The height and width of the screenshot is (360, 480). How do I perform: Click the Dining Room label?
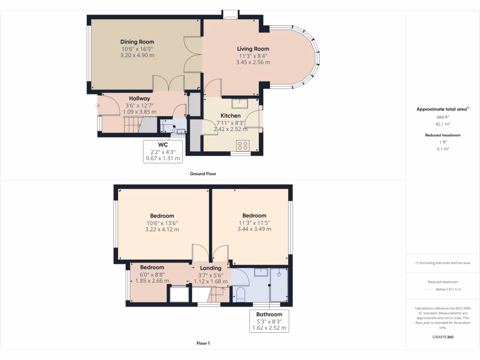(x=137, y=42)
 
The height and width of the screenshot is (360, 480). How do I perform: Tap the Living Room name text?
(x=253, y=49)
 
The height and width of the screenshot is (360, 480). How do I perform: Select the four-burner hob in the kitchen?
(x=243, y=145)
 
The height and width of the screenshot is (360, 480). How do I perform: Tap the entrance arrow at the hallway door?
(x=97, y=105)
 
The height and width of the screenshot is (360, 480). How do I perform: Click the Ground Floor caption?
(x=202, y=173)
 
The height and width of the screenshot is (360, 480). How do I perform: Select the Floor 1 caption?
(x=202, y=343)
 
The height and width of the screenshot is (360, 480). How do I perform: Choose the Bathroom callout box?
(x=269, y=321)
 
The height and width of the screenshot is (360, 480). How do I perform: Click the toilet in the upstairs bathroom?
(x=240, y=294)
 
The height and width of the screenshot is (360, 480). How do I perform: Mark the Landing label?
(x=210, y=268)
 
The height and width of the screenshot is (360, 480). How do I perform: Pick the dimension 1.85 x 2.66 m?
(x=152, y=281)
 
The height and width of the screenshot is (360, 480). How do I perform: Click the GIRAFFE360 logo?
(x=443, y=337)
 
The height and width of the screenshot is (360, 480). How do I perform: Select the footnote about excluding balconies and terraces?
(x=443, y=263)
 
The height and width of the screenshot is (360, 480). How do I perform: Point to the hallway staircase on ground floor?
(x=132, y=125)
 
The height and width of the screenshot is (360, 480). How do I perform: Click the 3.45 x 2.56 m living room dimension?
(x=253, y=62)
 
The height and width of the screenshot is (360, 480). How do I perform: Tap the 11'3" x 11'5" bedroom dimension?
(x=254, y=223)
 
